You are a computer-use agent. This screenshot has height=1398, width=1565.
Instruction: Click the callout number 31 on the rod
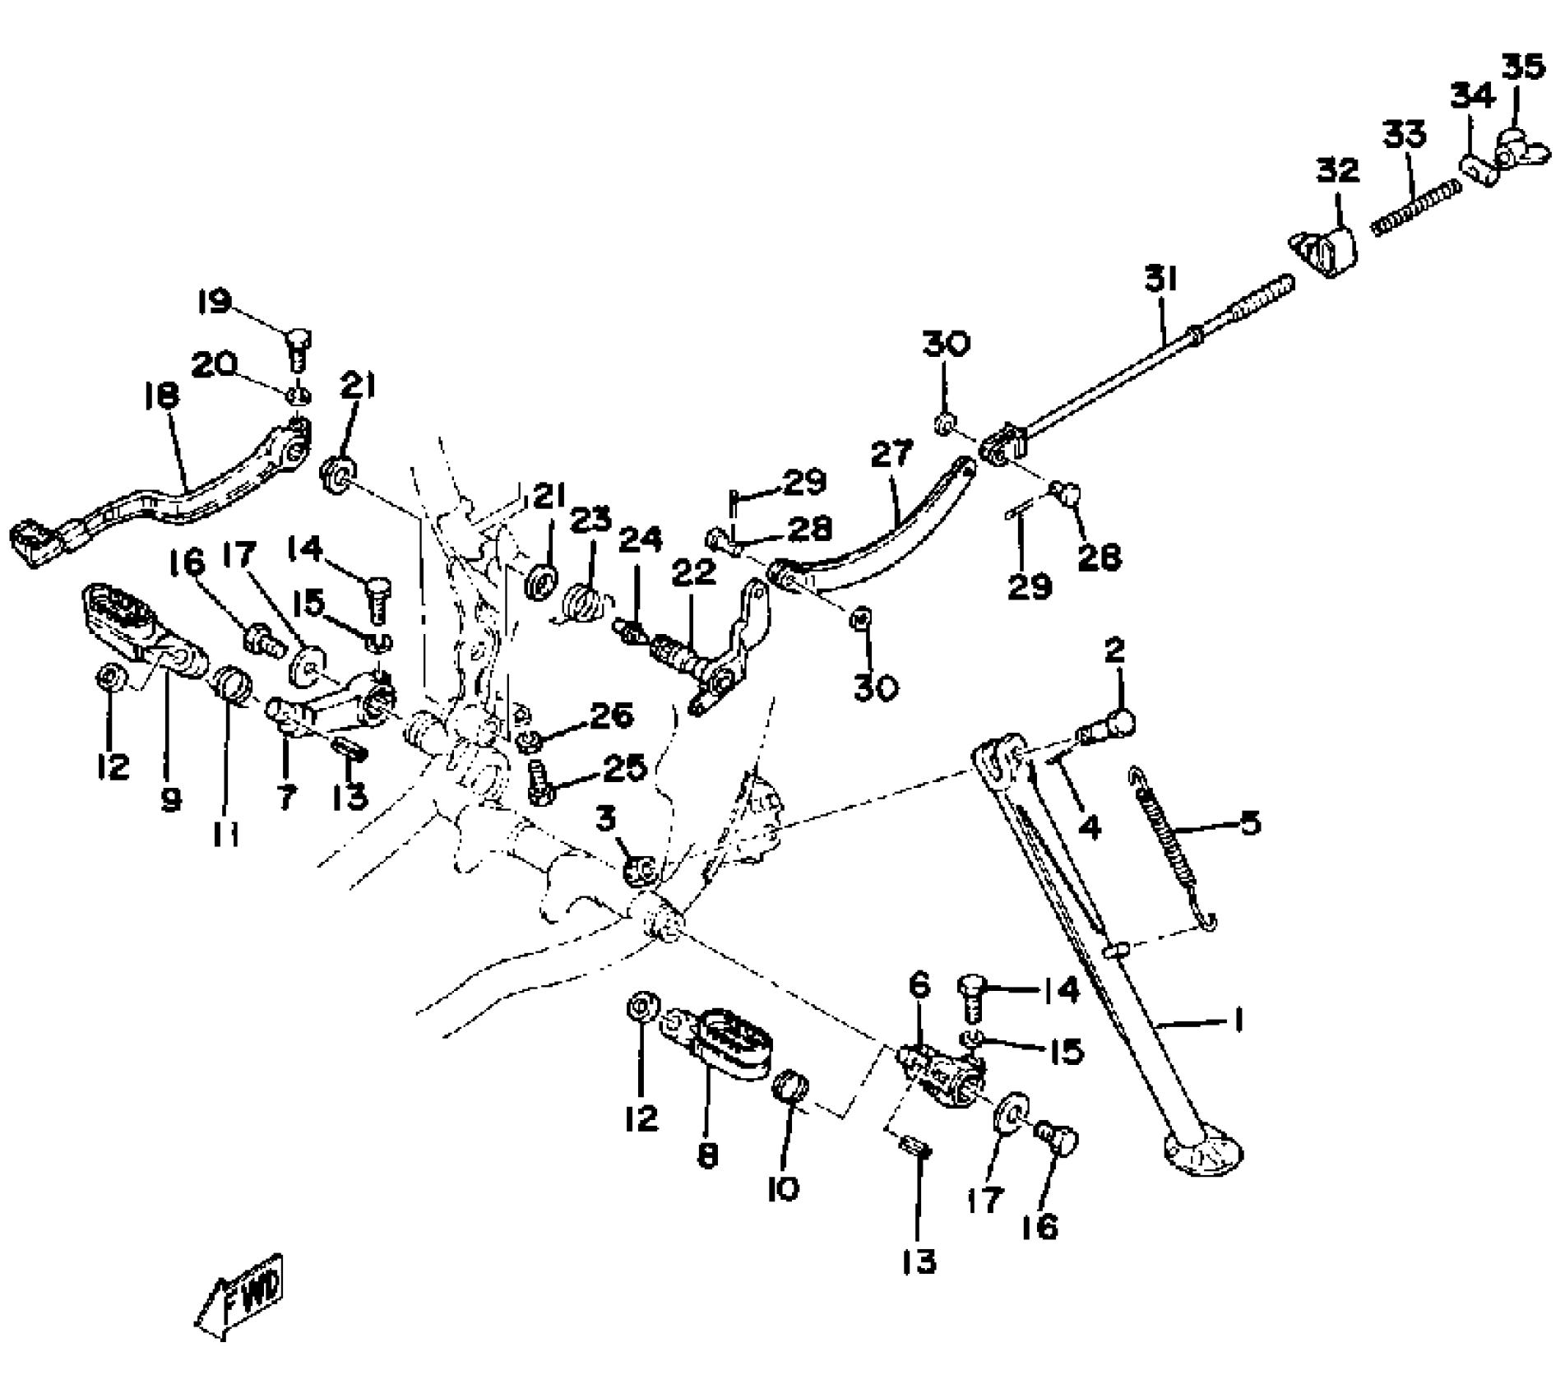[x=1160, y=280]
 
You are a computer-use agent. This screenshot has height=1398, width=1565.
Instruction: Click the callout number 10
[x=783, y=1188]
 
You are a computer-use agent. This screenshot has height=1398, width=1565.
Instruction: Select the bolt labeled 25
[x=538, y=784]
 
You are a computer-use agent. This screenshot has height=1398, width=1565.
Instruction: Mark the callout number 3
[x=606, y=819]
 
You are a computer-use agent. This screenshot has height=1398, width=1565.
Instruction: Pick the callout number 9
[x=170, y=798]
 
